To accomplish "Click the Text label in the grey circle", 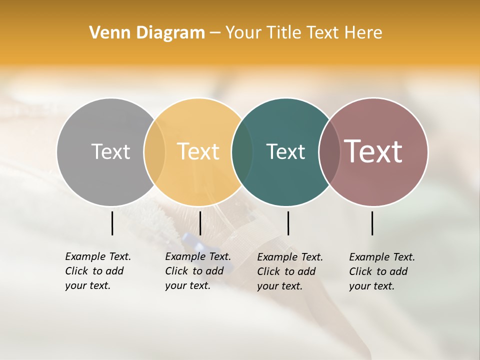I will pyautogui.click(x=110, y=151).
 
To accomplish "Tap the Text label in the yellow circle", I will pyautogui.click(x=198, y=151).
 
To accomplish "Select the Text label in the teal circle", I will pyautogui.click(x=285, y=151).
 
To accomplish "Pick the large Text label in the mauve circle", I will pyautogui.click(x=373, y=151).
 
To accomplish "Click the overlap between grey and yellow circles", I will pyautogui.click(x=154, y=152).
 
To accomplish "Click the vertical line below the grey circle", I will pyautogui.click(x=112, y=223).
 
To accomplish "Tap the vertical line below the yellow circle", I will pyautogui.click(x=200, y=223).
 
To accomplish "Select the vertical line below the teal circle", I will pyautogui.click(x=288, y=223).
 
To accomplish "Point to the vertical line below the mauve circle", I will pyautogui.click(x=372, y=223).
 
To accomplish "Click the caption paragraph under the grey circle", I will pyautogui.click(x=98, y=271).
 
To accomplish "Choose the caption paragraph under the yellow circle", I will pyautogui.click(x=198, y=271).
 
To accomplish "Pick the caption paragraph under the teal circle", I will pyautogui.click(x=290, y=271).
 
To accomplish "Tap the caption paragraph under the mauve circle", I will pyautogui.click(x=382, y=271).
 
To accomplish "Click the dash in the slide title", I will pyautogui.click(x=215, y=33).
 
